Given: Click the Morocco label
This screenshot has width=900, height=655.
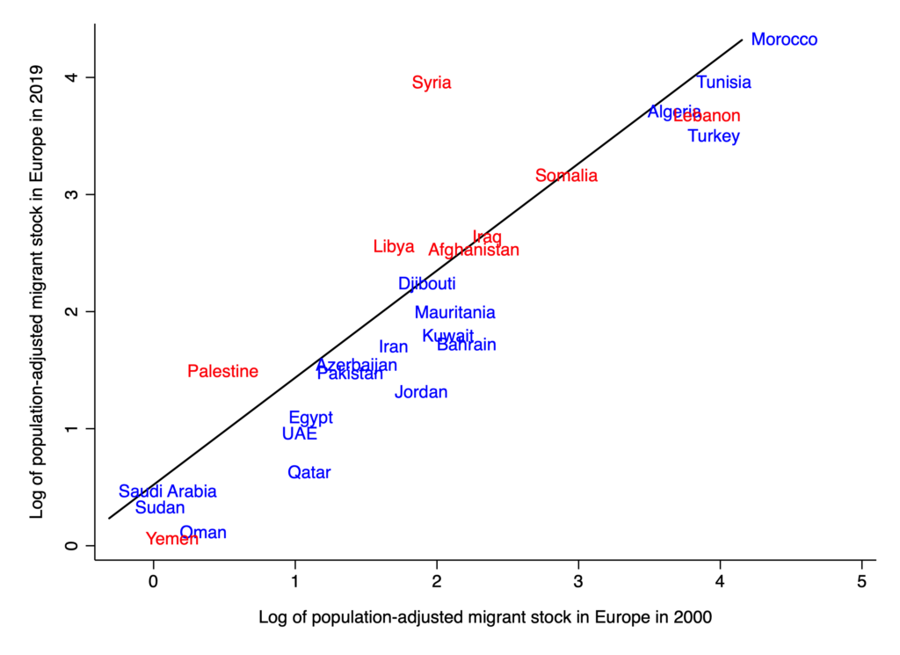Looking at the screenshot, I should click(784, 40).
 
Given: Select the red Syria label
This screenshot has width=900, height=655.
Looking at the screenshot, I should click(432, 83).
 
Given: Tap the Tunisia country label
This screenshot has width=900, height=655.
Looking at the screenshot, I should click(724, 83).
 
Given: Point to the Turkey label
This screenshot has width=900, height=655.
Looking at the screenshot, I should click(714, 136).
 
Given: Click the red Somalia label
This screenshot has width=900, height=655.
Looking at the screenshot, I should click(566, 176).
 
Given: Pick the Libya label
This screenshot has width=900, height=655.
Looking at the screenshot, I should click(394, 247).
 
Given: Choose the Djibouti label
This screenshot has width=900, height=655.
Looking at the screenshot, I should click(427, 284).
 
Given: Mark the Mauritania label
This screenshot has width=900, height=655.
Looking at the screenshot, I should click(454, 313).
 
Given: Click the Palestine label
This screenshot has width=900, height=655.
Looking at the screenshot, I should click(223, 372).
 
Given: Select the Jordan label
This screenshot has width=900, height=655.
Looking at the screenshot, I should click(421, 392).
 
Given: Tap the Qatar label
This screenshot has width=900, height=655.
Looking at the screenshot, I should click(309, 473).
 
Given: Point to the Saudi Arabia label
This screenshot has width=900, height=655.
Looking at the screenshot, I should click(168, 491).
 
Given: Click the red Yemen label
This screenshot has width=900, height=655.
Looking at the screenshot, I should click(172, 539).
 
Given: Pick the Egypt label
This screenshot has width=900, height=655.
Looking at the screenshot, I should click(311, 418).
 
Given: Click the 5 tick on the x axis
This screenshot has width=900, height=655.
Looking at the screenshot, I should click(862, 581).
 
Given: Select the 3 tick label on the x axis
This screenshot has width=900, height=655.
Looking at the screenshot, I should click(578, 581).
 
